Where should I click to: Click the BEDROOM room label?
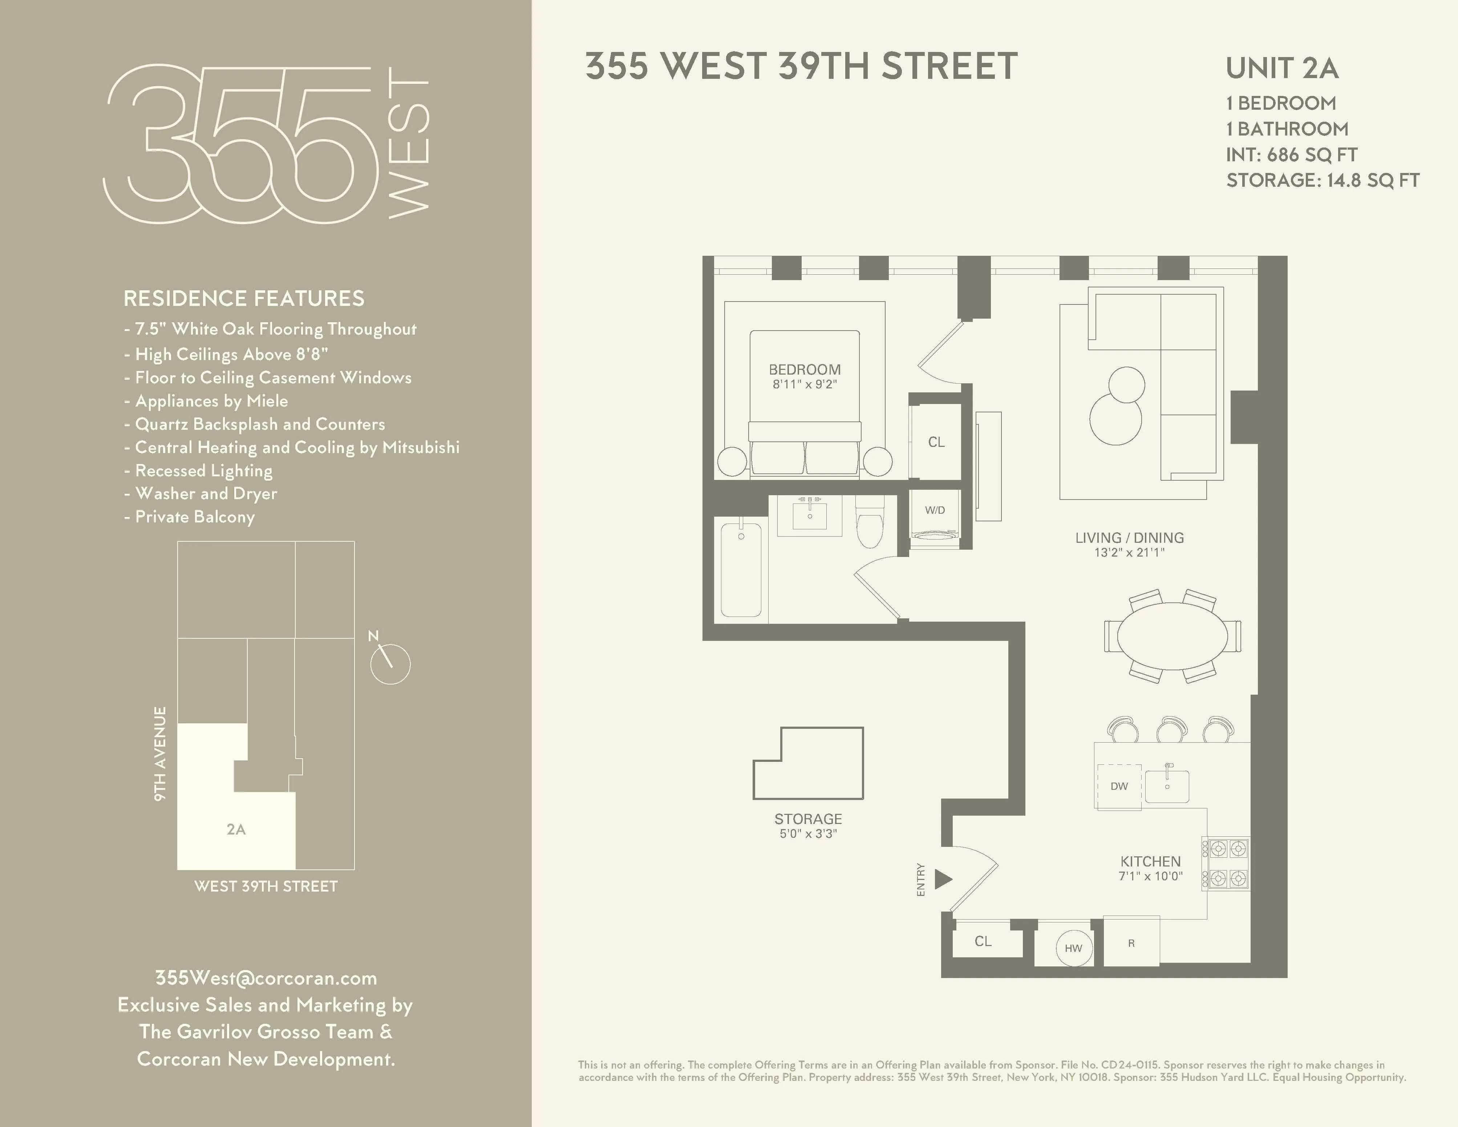coord(805,369)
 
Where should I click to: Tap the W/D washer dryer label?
coord(935,510)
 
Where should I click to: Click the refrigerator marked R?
coord(1131,943)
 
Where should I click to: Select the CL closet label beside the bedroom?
coord(936,442)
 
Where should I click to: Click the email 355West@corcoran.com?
coord(266,978)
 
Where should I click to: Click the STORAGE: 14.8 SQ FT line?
coord(1323,180)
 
